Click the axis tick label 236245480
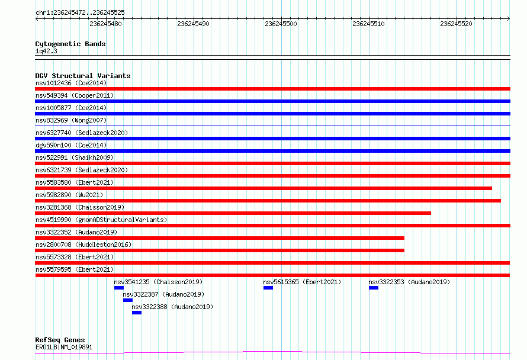[x=105, y=24]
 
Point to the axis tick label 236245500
[x=281, y=24]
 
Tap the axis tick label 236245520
[x=456, y=24]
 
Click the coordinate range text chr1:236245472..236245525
[x=80, y=13]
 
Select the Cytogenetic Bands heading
[x=70, y=44]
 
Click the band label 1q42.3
[x=46, y=51]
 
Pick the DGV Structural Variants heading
[x=83, y=76]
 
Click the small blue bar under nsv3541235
[x=119, y=288]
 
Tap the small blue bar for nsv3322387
[x=128, y=300]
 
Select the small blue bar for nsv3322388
[x=137, y=313]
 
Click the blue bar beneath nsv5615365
[x=268, y=288]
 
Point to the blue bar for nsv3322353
[x=374, y=288]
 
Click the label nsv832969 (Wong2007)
[x=71, y=120]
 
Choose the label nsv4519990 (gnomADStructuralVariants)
[x=101, y=220]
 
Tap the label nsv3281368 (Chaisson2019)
[x=80, y=207]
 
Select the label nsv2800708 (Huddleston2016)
[x=83, y=245]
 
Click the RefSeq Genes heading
[x=60, y=340]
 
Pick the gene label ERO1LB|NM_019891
[x=64, y=347]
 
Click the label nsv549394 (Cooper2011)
[x=75, y=95]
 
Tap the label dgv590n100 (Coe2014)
[x=71, y=145]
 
